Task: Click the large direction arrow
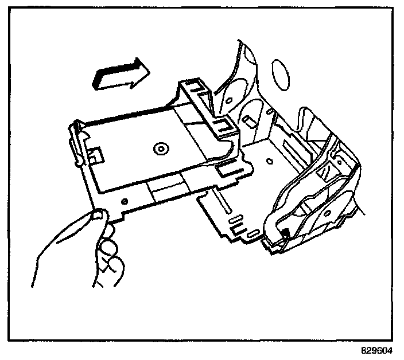click(x=121, y=73)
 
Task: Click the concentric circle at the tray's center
click(x=160, y=149)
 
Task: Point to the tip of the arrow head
click(x=149, y=70)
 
